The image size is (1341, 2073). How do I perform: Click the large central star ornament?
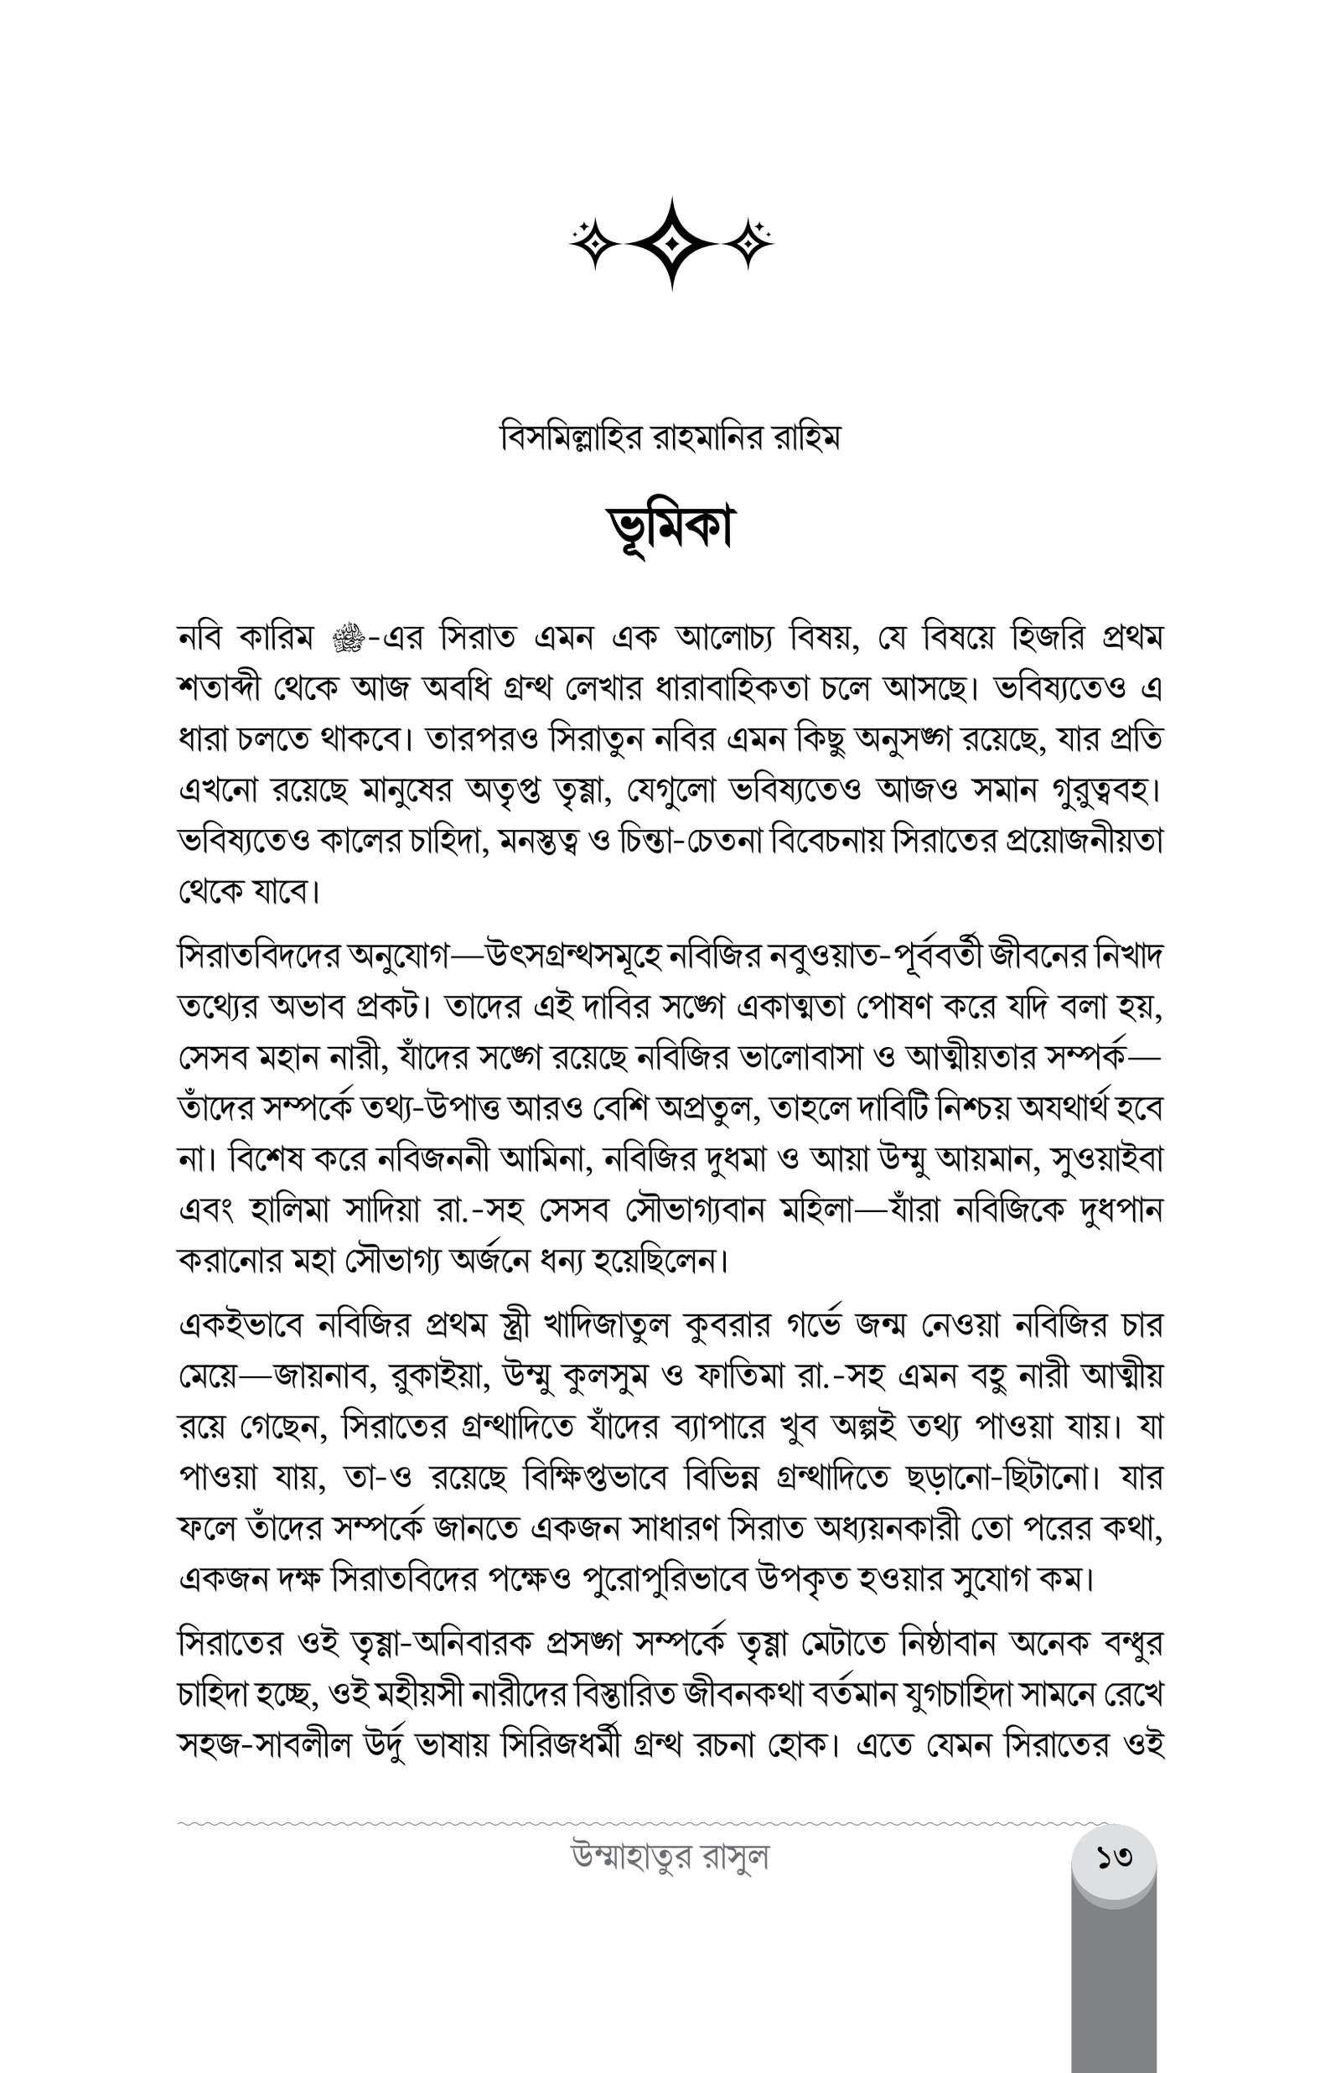pos(670,243)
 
